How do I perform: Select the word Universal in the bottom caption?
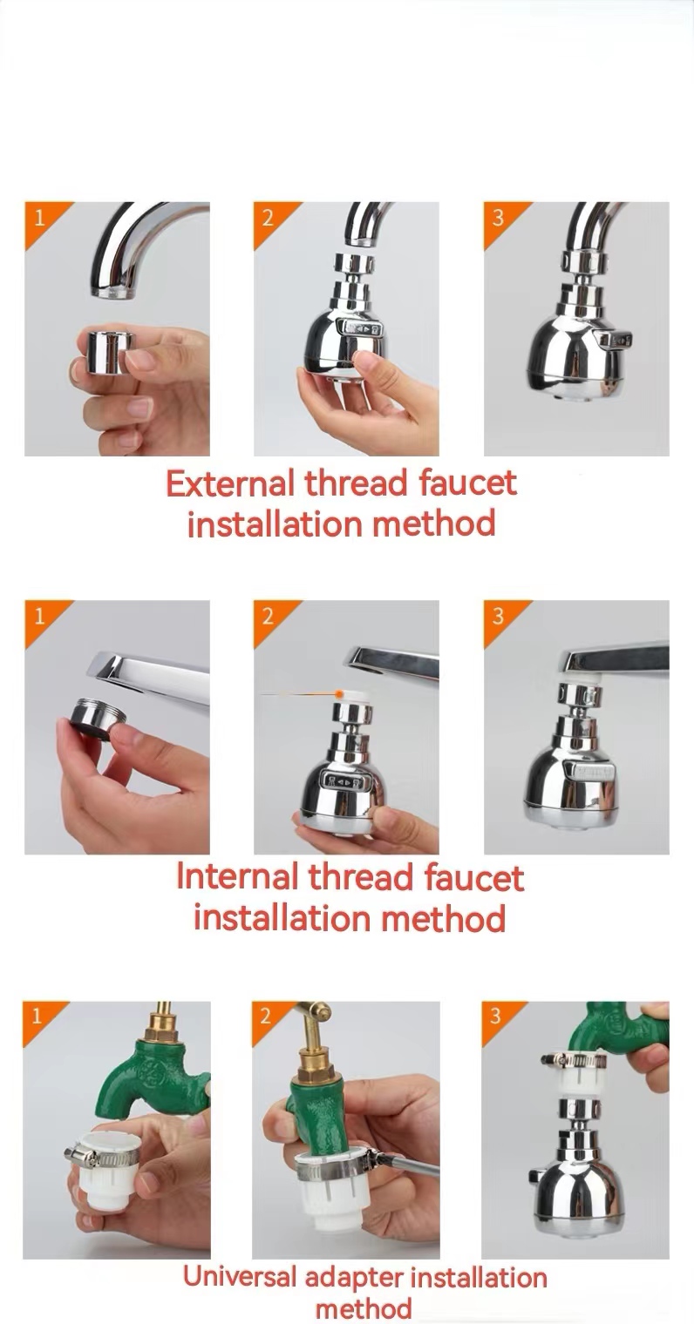point(240,1278)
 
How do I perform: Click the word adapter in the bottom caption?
point(355,1279)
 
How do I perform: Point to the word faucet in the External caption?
point(467,483)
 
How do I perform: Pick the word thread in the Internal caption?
point(361,876)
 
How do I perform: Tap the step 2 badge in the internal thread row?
point(268,616)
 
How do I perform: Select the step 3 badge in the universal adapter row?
point(496,1016)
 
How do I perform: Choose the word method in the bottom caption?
point(364,1307)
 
